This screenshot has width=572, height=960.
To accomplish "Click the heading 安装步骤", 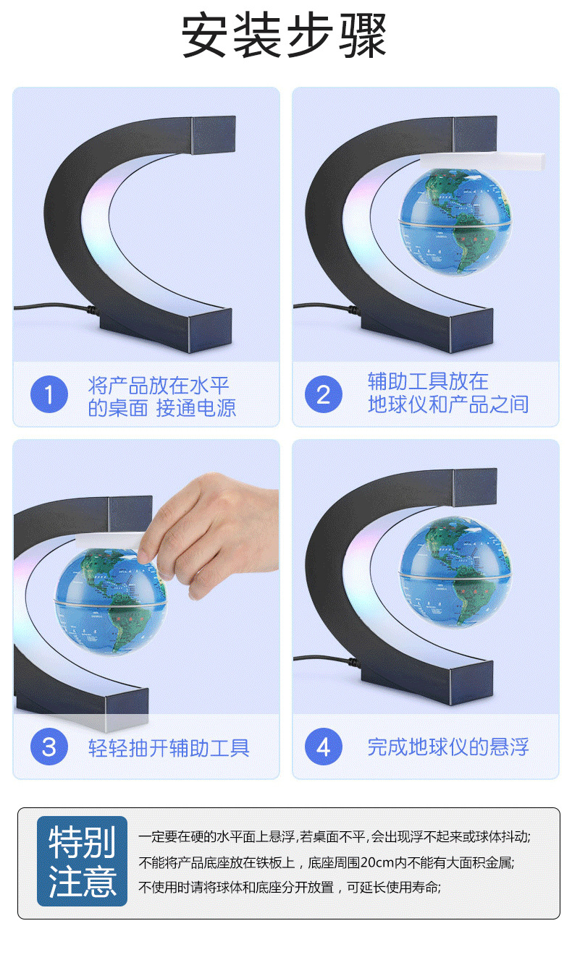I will tap(285, 36).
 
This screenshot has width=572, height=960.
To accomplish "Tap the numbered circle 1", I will tap(49, 395).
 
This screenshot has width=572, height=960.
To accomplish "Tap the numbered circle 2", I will tap(323, 395).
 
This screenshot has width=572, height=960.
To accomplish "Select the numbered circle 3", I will tap(49, 747).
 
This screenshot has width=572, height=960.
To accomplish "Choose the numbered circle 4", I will tap(323, 747).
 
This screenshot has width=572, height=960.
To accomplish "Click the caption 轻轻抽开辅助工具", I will tap(169, 747).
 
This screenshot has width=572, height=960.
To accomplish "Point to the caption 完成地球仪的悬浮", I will tap(447, 747).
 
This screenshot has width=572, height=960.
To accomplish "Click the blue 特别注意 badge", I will tap(82, 862).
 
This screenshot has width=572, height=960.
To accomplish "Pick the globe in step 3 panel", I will tap(113, 600).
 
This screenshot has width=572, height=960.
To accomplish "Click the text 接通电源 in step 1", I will tap(196, 407).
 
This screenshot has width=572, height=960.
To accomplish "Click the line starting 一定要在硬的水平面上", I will tap(335, 837).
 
